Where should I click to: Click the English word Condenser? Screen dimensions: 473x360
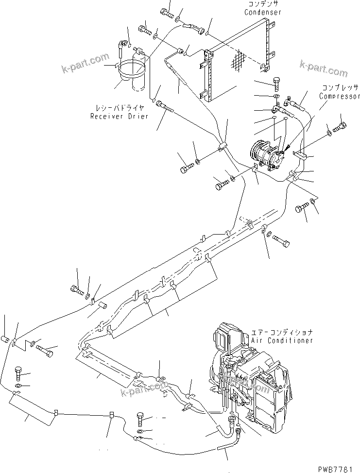pos(263,12)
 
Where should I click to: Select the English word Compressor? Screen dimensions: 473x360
pos(339,96)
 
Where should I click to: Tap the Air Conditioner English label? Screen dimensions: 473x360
pos(282,340)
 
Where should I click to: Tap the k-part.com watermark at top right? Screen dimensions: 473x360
pos(324,69)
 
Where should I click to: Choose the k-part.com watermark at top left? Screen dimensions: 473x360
pos(86,64)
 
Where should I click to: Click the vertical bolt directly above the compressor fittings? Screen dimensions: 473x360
pos(276,84)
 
